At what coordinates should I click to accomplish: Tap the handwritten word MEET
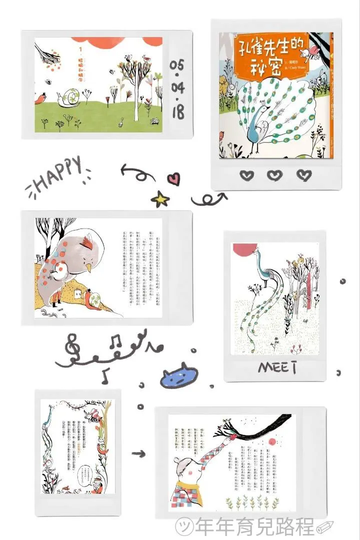coord(277,367)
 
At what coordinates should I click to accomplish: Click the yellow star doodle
coord(160,200)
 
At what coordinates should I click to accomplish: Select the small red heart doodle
coord(173,178)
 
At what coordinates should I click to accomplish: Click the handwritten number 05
coord(177,65)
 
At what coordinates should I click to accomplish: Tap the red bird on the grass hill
coord(40,99)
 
